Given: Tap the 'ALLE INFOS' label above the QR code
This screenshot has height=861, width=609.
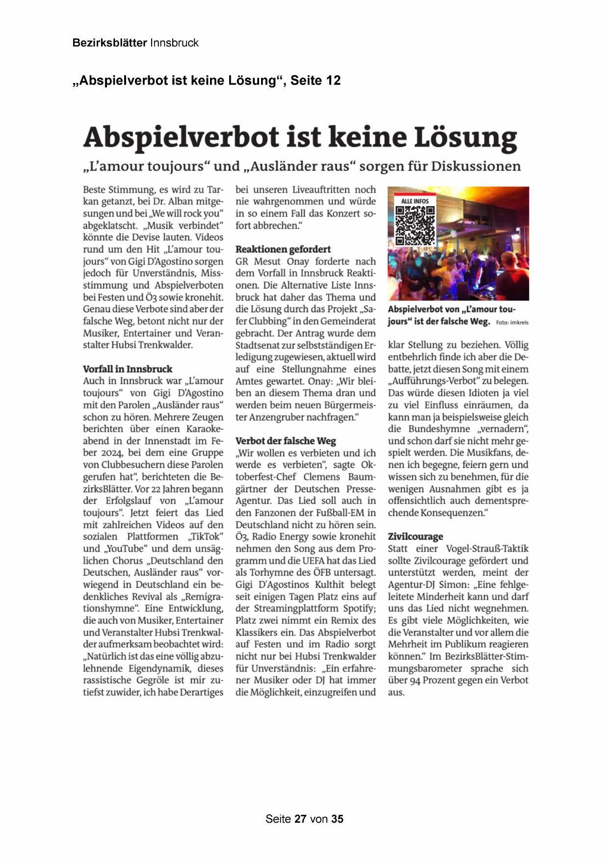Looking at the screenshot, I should (x=415, y=201).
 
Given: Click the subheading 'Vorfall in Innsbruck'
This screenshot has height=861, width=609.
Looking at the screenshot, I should (x=128, y=369).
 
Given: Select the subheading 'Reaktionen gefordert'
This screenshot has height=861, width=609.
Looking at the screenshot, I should (x=283, y=249).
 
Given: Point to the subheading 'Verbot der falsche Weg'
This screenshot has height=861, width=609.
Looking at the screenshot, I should (x=286, y=441).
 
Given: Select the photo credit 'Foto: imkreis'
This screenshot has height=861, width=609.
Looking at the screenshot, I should (x=512, y=323).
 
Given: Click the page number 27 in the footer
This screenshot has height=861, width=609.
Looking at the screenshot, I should (x=300, y=819).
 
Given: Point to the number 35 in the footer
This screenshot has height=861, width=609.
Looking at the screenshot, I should (x=337, y=819).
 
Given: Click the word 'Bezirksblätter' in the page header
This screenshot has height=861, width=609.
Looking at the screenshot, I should (x=109, y=43).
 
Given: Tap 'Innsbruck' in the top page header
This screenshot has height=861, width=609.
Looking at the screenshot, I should (x=174, y=43).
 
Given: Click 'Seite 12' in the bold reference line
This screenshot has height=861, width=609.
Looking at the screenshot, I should (x=316, y=81).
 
